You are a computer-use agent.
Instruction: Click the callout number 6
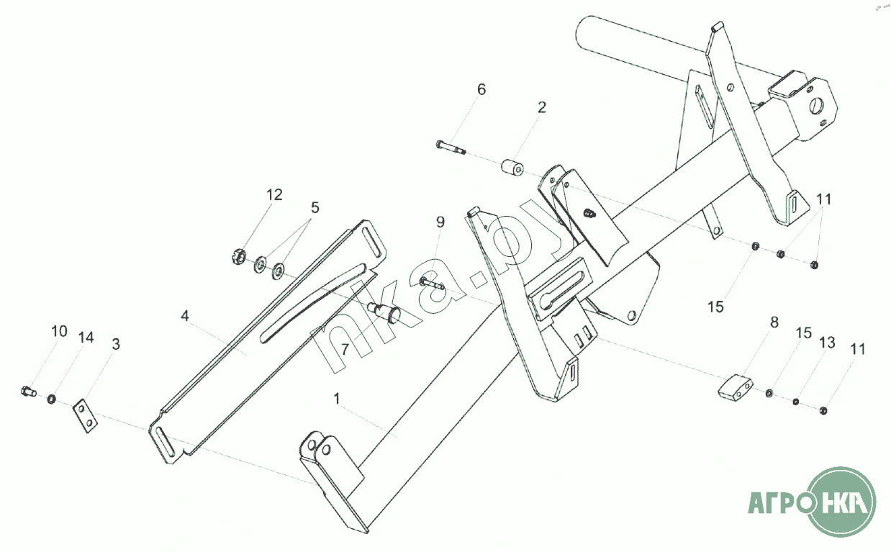click(481, 90)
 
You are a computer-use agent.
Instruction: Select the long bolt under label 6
click(451, 148)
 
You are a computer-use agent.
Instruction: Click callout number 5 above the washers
click(314, 208)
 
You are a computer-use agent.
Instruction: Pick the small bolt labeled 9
click(433, 283)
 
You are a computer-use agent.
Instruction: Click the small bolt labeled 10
click(27, 392)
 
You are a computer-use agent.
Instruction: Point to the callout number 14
click(86, 338)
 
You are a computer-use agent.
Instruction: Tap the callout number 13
click(827, 343)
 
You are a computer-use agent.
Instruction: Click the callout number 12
click(274, 195)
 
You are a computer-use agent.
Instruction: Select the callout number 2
click(541, 107)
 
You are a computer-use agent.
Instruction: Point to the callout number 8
click(774, 322)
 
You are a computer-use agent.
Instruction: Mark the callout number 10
click(59, 332)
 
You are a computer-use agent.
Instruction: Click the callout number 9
click(440, 222)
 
